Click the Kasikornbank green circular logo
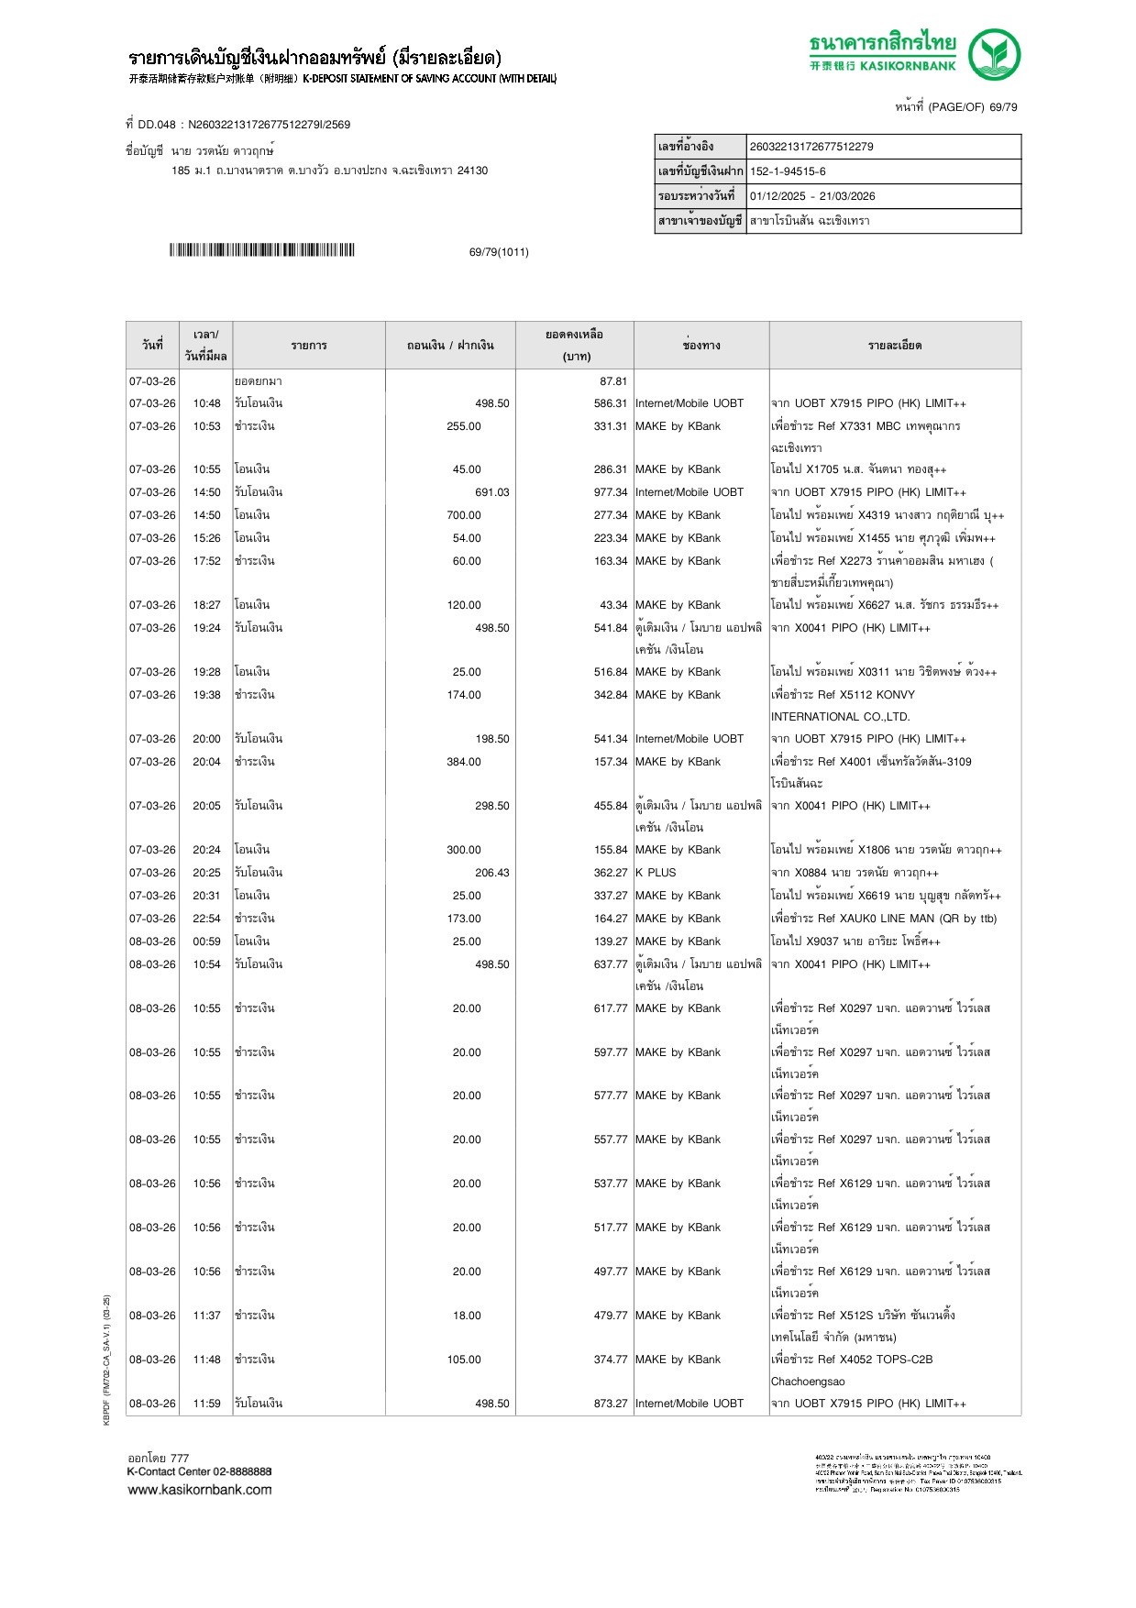(994, 55)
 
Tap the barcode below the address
(261, 250)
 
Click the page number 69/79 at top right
(1002, 107)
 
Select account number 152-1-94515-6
(788, 171)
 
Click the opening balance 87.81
(613, 381)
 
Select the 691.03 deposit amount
(491, 492)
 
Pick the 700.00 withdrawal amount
(464, 515)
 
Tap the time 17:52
(206, 561)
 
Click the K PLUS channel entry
(656, 873)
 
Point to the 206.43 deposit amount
(491, 873)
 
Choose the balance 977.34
(610, 492)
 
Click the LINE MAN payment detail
(883, 919)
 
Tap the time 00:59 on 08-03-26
(206, 942)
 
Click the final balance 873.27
(610, 1404)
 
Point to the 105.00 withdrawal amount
(464, 1360)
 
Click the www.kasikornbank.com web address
(200, 1490)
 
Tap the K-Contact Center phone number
(242, 1471)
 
